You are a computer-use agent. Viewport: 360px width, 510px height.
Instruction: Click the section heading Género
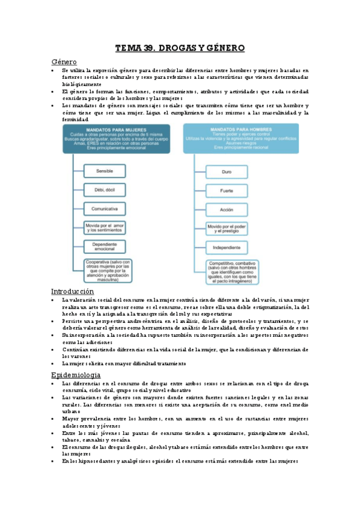click(x=65, y=61)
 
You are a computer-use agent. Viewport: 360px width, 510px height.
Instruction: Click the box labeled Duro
click(x=227, y=171)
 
